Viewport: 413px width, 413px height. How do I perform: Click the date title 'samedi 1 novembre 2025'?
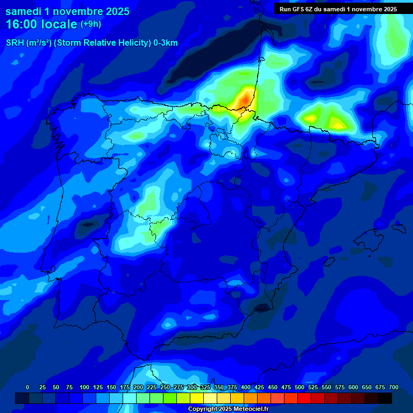point(67,11)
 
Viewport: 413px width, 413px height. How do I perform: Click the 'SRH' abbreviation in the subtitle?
point(15,43)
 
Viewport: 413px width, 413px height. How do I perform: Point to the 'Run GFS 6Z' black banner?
point(338,9)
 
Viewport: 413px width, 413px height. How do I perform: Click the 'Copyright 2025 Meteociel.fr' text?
point(228,409)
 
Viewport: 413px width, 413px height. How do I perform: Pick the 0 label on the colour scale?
point(27,387)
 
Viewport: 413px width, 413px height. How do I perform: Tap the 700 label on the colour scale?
point(393,387)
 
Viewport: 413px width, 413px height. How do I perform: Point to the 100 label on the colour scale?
point(84,387)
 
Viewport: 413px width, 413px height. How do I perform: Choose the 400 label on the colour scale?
point(246,387)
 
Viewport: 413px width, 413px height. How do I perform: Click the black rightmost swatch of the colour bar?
point(385,398)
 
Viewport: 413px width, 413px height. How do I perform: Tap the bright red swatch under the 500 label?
point(304,398)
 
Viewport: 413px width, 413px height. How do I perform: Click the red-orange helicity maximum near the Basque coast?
point(245,99)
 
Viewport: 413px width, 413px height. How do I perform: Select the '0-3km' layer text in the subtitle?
point(166,43)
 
